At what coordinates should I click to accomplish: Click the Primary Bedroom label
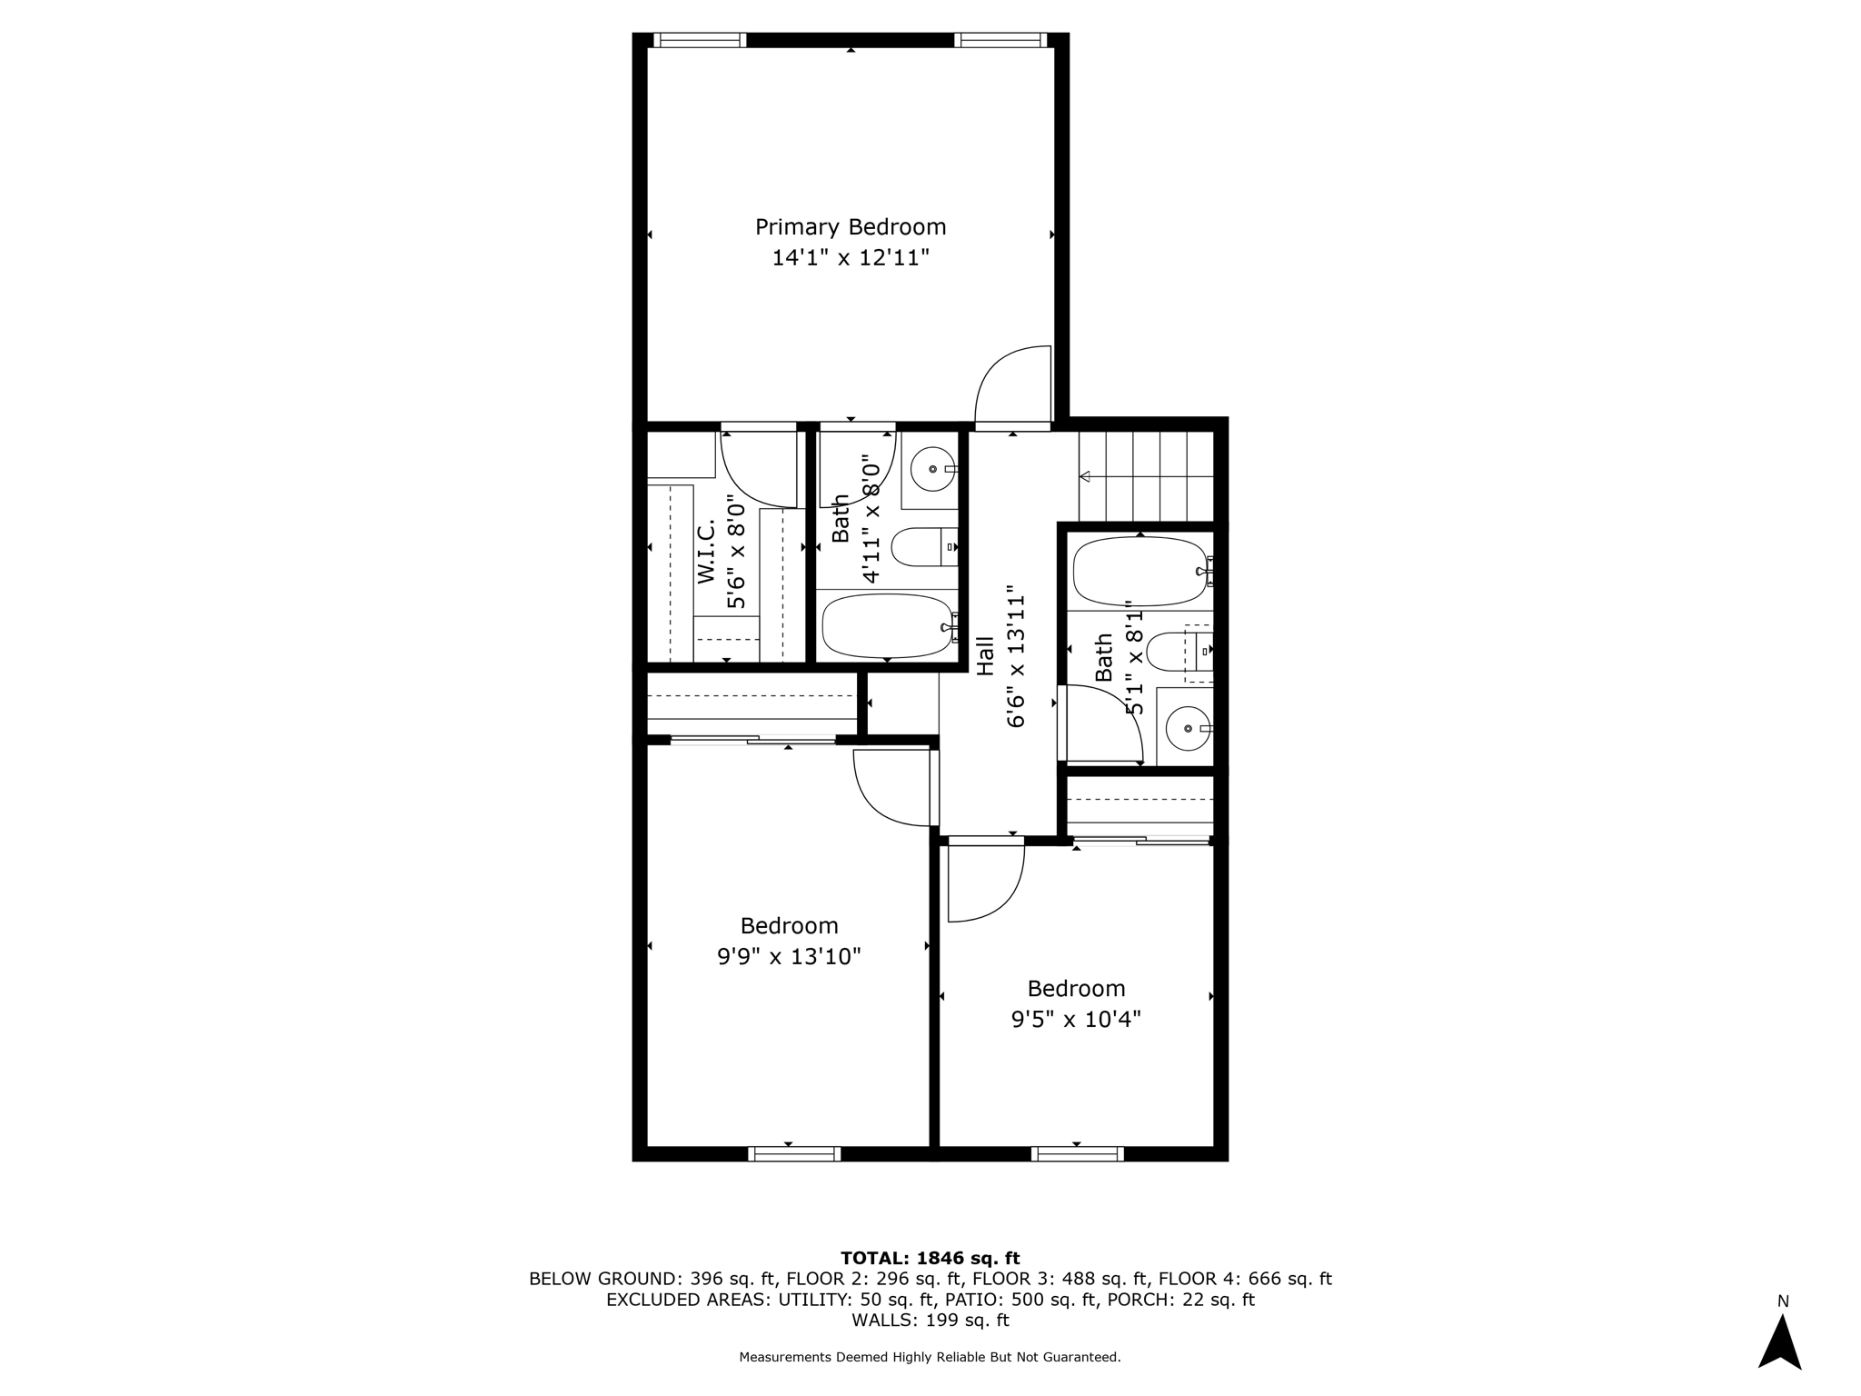(x=851, y=226)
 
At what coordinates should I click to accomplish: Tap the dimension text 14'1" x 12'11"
(x=851, y=258)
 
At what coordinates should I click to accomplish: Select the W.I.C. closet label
(x=707, y=551)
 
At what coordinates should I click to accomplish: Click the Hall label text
(x=985, y=655)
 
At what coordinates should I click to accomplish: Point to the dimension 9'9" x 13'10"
(x=789, y=957)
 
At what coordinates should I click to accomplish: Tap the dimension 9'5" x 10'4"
(x=1076, y=1020)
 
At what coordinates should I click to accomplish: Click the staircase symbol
(x=1147, y=476)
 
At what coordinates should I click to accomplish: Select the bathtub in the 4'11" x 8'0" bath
(x=887, y=625)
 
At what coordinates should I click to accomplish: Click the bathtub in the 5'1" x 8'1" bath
(x=1139, y=572)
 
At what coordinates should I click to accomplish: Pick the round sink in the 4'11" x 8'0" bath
(x=932, y=470)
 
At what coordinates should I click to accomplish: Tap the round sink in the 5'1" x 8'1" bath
(x=1187, y=729)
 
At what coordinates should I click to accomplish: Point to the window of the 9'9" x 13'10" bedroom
(x=794, y=1154)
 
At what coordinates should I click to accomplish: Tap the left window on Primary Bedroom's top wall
(x=700, y=40)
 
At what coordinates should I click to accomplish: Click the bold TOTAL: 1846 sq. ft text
(x=930, y=1258)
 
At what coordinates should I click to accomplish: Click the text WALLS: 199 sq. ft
(x=930, y=1320)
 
